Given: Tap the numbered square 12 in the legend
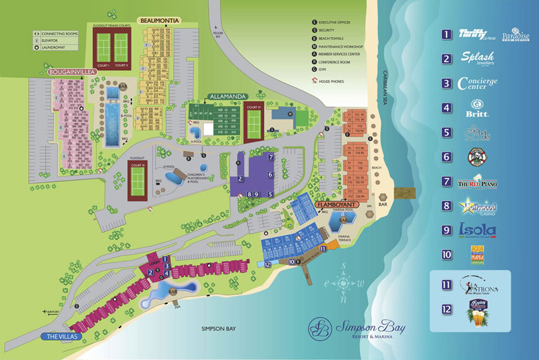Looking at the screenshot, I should (446, 309).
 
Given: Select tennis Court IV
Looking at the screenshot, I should (255, 121).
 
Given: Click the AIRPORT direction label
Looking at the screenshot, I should (57, 311).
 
